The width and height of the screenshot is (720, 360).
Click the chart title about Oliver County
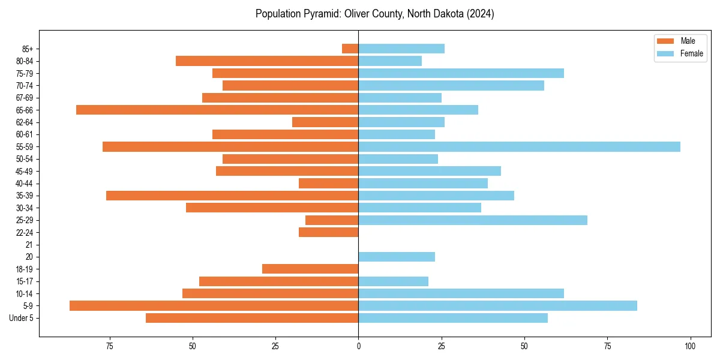[x=374, y=14]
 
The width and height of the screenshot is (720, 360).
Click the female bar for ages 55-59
[x=519, y=146]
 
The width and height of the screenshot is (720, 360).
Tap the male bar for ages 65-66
[x=217, y=110]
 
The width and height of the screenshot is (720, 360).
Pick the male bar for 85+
[x=350, y=49]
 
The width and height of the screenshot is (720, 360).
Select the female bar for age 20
[x=397, y=257]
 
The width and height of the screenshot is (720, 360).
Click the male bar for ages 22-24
[x=328, y=232]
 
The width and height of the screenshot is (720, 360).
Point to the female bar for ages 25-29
[x=473, y=220]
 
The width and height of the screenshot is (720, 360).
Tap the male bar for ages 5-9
[x=214, y=305]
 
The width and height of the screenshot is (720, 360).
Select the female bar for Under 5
[x=453, y=318]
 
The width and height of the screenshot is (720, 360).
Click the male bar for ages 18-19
[x=310, y=269]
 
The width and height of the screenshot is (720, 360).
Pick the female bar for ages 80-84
[x=390, y=61]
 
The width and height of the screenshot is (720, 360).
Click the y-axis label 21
[x=29, y=245]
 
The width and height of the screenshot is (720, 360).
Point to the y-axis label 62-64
[x=25, y=122]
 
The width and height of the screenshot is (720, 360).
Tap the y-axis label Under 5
[x=22, y=318]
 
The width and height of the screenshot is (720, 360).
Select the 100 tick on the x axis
[x=690, y=346]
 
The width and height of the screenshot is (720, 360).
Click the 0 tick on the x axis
[x=358, y=346]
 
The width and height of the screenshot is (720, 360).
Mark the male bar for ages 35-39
[x=232, y=196]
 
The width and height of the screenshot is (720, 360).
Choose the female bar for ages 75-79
[x=461, y=73]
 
